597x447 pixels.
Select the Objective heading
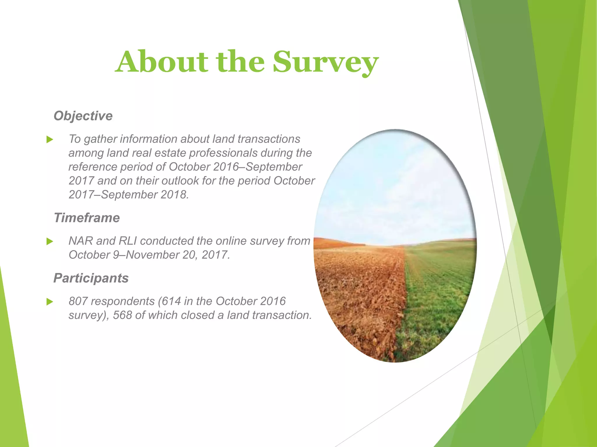pos(83,116)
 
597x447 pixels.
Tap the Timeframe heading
pos(87,218)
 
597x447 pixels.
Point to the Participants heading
pos(91,278)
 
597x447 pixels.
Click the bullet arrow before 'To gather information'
pos(50,140)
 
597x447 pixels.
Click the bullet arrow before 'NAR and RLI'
pos(50,242)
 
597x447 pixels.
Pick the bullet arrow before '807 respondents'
pos(50,302)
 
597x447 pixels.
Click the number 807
pos(78,301)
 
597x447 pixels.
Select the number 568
pos(122,315)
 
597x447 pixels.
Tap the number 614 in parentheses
pos(171,301)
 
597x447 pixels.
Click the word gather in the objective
pos(101,139)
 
